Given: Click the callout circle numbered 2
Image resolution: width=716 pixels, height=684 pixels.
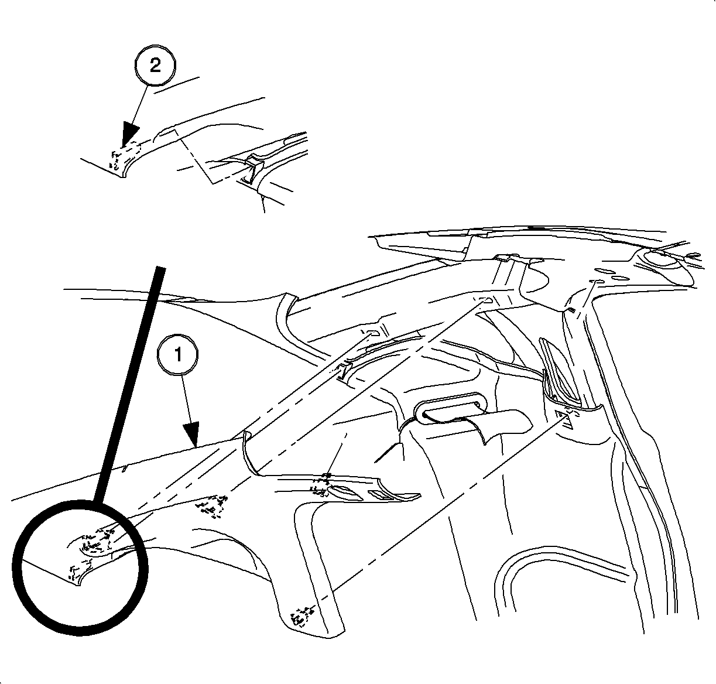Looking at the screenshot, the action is pos(155,66).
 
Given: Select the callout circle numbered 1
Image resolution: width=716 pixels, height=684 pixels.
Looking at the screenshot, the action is pos(178,354).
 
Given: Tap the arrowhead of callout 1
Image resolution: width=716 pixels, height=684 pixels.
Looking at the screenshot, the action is pos(191,435).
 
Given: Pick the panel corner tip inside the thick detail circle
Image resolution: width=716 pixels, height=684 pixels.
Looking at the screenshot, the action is pos(78,586).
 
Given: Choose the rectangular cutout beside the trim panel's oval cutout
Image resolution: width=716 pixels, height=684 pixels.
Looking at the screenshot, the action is pos(381,495).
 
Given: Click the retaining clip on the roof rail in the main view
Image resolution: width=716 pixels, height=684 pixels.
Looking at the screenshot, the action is pos(344,371).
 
